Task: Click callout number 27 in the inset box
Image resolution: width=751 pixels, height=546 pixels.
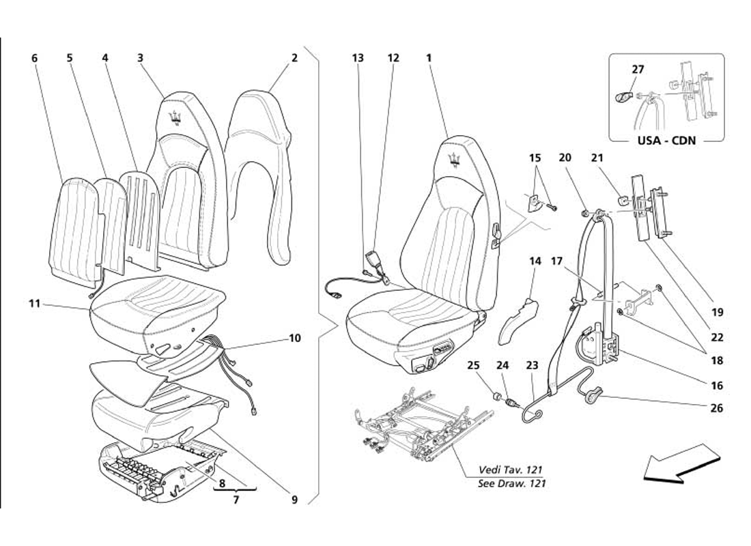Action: tap(638, 69)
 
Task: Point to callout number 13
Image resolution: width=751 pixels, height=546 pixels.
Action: tap(358, 58)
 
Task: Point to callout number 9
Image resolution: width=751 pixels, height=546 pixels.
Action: tap(295, 500)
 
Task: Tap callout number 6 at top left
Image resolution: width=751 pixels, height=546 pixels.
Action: tap(35, 58)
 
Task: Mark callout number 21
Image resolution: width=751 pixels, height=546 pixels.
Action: tap(597, 158)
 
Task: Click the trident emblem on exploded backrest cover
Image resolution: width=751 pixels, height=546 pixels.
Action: tap(176, 118)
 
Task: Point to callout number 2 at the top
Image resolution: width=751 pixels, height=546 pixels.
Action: tap(294, 58)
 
